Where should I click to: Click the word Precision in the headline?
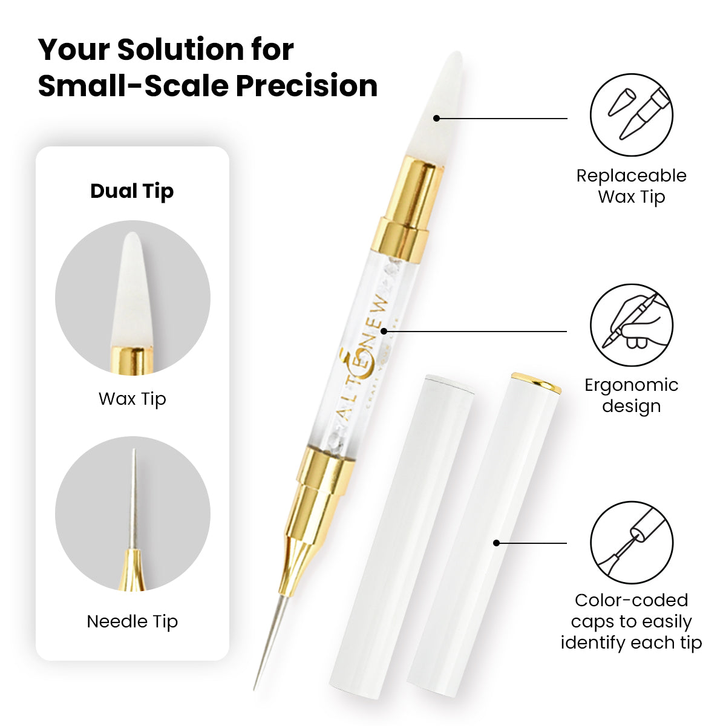(x=307, y=86)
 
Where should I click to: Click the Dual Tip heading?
(x=132, y=191)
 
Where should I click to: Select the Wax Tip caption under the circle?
(x=132, y=399)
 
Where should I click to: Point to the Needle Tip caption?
(x=132, y=621)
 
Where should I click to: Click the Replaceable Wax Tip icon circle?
(x=632, y=115)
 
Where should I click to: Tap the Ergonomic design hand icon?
(x=632, y=325)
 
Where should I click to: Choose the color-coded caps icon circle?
(x=632, y=543)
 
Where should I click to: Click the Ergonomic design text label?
(x=632, y=396)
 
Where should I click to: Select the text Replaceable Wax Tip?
(x=632, y=186)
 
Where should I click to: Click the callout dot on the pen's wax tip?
(x=437, y=119)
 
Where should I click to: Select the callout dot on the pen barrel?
(x=384, y=331)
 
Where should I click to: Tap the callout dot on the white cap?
(x=497, y=543)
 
